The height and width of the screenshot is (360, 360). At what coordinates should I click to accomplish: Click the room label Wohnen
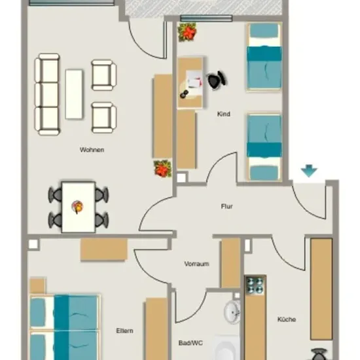point(92,150)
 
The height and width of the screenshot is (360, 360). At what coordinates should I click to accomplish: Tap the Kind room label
point(224,114)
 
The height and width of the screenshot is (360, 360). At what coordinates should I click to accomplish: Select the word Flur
point(227,206)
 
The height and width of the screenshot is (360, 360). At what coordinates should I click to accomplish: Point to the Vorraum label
point(197,264)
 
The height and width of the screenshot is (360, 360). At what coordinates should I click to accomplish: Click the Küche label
point(287,319)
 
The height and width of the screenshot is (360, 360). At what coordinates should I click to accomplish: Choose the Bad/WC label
point(190,343)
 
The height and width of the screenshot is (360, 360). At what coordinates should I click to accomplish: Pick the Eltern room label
point(124,331)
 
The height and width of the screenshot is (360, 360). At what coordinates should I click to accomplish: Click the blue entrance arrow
point(309,171)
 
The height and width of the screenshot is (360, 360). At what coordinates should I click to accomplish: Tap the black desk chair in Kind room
point(217,79)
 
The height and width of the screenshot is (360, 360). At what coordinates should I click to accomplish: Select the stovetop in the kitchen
point(255,285)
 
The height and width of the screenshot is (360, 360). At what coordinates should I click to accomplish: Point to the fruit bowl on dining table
point(77,207)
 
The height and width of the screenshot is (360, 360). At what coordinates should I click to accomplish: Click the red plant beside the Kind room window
point(187,32)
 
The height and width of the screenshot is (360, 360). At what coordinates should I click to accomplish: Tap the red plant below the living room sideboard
point(162,168)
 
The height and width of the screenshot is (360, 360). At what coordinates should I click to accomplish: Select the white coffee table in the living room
point(74,94)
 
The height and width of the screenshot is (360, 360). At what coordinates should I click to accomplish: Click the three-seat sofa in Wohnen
point(47,94)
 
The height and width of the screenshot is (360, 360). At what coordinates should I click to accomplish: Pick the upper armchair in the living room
point(104,75)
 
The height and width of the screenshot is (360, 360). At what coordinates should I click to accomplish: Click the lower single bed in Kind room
point(264,147)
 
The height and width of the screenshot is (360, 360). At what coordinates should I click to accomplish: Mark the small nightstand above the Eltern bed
point(37,286)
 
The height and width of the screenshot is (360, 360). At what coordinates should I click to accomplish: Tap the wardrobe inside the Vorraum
point(230,262)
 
